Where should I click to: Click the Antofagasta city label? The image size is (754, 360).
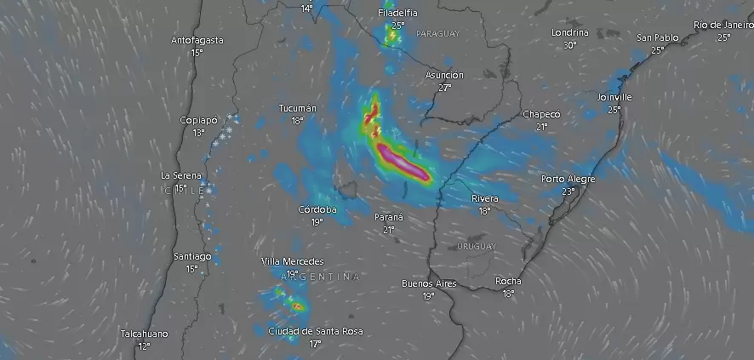197,40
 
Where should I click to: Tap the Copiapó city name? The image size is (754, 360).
199,120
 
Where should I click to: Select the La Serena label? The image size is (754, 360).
180,175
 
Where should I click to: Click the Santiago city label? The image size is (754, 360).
191,256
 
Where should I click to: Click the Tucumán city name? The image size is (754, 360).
297,108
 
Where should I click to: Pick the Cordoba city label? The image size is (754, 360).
317,209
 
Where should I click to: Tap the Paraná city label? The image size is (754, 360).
388,217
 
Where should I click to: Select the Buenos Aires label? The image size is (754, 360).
428,283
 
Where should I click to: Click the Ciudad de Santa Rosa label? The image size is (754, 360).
314,331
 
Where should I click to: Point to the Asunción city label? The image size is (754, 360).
444,75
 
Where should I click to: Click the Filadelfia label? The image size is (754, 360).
398,13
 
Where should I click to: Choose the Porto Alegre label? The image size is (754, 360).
568,179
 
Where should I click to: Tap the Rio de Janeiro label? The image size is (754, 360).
723,25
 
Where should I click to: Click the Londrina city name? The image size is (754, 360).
569,32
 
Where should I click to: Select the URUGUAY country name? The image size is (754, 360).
476,246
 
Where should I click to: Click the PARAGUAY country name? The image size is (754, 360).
437,34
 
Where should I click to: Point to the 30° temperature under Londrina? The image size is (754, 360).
569,45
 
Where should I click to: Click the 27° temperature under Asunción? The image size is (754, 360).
444,88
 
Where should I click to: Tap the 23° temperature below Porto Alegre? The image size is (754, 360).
568,191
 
